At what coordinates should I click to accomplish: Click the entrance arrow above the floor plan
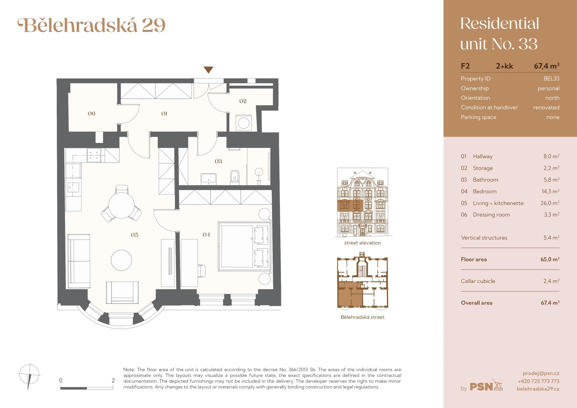tap(208, 70)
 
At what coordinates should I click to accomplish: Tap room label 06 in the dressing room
tap(91, 114)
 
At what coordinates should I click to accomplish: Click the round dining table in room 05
tap(121, 206)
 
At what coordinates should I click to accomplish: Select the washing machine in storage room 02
tap(243, 123)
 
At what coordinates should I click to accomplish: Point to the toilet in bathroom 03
tap(235, 177)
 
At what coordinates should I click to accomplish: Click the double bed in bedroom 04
tap(244, 246)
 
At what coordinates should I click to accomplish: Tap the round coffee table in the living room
tap(121, 260)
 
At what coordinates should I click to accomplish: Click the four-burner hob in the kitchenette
tap(93, 155)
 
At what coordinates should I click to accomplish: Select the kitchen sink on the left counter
tap(73, 187)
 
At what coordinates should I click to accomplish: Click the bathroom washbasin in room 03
tap(208, 178)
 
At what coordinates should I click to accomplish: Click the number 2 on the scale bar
tap(113, 380)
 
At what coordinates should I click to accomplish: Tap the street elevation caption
tap(362, 243)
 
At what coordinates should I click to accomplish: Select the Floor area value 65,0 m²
tap(550, 259)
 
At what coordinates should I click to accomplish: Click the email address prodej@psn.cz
tap(541, 373)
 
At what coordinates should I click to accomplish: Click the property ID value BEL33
tap(551, 78)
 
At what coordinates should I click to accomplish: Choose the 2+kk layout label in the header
tap(504, 66)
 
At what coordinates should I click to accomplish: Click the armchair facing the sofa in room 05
tap(122, 292)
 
